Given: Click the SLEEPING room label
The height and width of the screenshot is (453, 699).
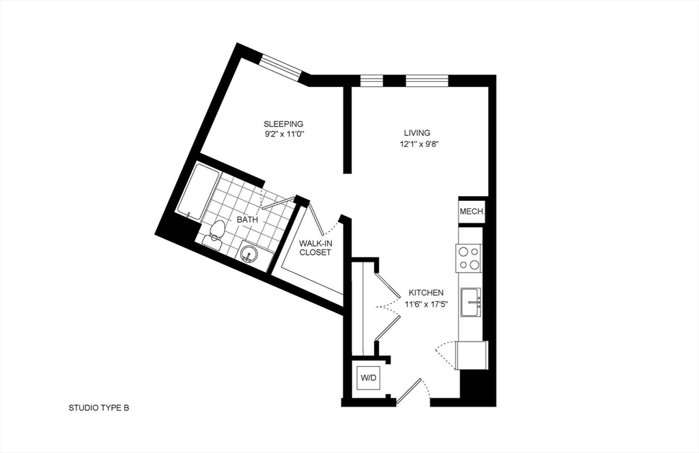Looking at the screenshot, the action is coord(283,124).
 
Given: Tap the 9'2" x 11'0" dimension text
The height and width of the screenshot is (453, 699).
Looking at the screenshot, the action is coord(284,133).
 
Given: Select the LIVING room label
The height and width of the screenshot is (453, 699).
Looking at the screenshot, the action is coord(417,133).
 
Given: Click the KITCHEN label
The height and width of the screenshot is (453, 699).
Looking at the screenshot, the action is coord(426,293).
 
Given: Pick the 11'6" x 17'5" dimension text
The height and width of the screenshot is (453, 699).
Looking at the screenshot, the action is coord(426,304).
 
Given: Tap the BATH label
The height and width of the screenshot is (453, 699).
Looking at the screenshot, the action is coord(247,219).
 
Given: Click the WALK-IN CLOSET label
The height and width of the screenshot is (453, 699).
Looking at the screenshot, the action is coord(315,248).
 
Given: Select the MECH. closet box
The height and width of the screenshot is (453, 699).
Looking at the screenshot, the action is coord(472,211).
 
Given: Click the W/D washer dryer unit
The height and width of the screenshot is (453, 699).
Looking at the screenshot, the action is coord(368,378).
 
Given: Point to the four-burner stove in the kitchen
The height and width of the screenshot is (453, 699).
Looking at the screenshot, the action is coord(468,258).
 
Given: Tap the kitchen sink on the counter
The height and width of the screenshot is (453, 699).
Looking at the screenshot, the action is coord(470,302).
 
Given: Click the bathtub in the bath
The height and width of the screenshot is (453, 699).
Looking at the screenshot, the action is coord(197,192).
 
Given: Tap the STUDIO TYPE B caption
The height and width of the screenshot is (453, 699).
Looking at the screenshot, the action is coord(98,407).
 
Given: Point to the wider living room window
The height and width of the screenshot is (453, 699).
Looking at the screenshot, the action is coord(427,81).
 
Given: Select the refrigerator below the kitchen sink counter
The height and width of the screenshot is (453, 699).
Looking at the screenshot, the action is coord(471,355).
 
